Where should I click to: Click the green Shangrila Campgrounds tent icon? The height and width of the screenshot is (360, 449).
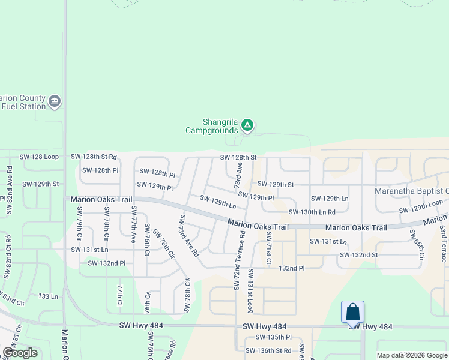pyautogui.click(x=247, y=125)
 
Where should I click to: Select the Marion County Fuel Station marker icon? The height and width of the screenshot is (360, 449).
pyautogui.click(x=55, y=101)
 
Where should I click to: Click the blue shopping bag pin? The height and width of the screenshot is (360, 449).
pyautogui.click(x=353, y=313)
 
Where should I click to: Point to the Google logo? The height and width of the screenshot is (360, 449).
pyautogui.click(x=20, y=353)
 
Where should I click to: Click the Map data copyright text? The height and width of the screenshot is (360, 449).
pyautogui.click(x=411, y=355)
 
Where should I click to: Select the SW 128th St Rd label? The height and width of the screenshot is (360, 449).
pyautogui.click(x=94, y=157)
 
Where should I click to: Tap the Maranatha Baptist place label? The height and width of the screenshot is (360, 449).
pyautogui.click(x=412, y=191)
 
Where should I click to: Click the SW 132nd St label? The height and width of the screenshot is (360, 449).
pyautogui.click(x=358, y=255)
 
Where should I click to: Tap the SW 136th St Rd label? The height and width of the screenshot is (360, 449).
pyautogui.click(x=268, y=350)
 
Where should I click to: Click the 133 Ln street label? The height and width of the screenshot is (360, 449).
pyautogui.click(x=48, y=296)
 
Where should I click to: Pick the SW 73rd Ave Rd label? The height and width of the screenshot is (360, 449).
pyautogui.click(x=188, y=235)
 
